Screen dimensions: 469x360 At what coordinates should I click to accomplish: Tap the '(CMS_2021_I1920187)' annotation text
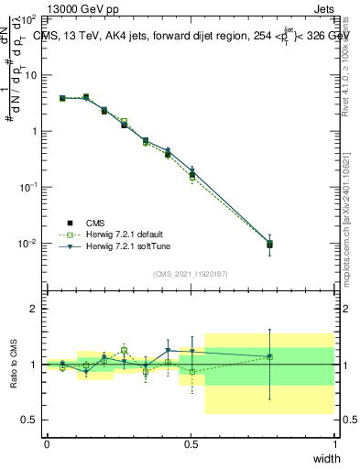coord(191,273)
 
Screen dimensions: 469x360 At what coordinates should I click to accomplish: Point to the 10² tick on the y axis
coord(28,19)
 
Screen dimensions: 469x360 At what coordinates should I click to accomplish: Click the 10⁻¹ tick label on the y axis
coord(27,187)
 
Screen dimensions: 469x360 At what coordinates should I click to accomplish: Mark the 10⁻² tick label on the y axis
coord(27,244)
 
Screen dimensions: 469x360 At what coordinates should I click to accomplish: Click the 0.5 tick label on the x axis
coord(191,444)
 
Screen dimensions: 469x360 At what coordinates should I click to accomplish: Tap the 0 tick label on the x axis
coord(47,444)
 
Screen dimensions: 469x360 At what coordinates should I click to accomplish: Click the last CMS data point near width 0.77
coord(269,245)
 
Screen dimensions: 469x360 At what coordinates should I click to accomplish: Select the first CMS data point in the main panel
coord(62,98)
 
